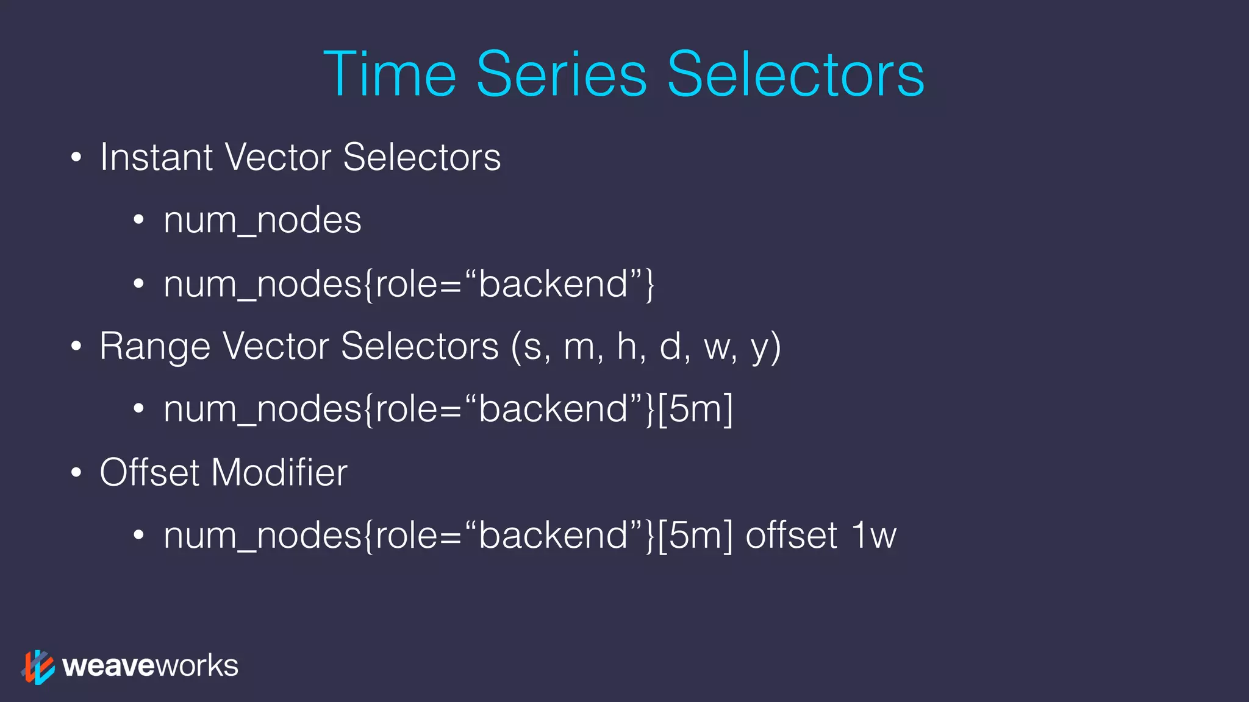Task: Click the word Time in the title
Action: point(389,74)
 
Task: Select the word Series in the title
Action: point(561,74)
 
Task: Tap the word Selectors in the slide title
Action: point(796,74)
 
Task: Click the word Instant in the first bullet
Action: point(156,157)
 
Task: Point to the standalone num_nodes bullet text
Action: point(262,221)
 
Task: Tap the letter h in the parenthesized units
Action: point(627,346)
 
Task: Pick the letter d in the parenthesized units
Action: point(670,346)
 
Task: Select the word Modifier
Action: point(279,472)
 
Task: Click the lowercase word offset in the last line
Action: point(792,536)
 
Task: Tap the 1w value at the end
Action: point(874,536)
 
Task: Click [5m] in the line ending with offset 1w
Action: point(695,536)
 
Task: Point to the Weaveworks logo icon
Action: point(38,667)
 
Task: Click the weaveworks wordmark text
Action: point(150,666)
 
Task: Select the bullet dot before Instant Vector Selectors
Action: point(76,158)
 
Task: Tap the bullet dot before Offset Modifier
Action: point(76,473)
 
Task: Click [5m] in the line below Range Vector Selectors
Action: point(695,409)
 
